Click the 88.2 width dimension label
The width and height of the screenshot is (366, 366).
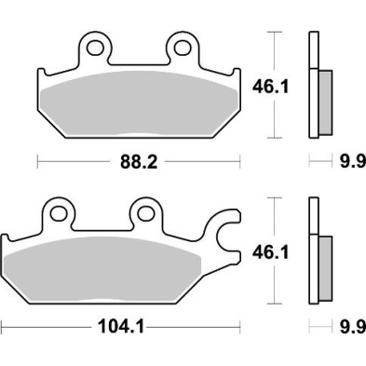pos(138,162)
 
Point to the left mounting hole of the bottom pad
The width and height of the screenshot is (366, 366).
pos(59,213)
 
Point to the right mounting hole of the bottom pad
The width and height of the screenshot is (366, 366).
pos(144,213)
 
